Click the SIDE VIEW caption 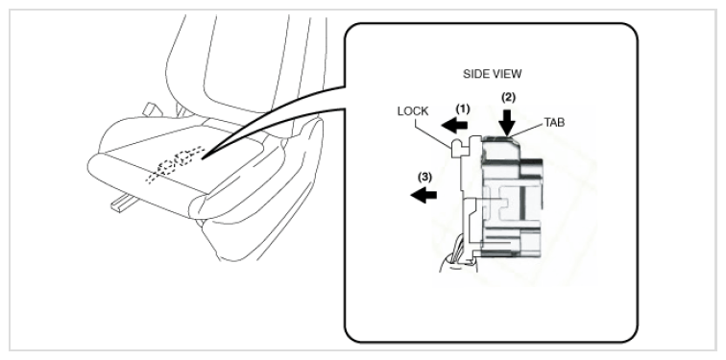[x=493, y=74]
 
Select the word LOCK [x=413, y=111]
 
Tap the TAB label [x=554, y=123]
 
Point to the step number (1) [x=463, y=109]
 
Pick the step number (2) [x=508, y=97]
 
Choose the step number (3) [x=424, y=177]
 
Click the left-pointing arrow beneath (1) [x=454, y=125]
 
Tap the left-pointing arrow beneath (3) [x=423, y=195]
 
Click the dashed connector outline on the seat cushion [x=175, y=164]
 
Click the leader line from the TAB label [x=526, y=130]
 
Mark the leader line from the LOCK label [x=433, y=133]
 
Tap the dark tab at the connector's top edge [x=497, y=138]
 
